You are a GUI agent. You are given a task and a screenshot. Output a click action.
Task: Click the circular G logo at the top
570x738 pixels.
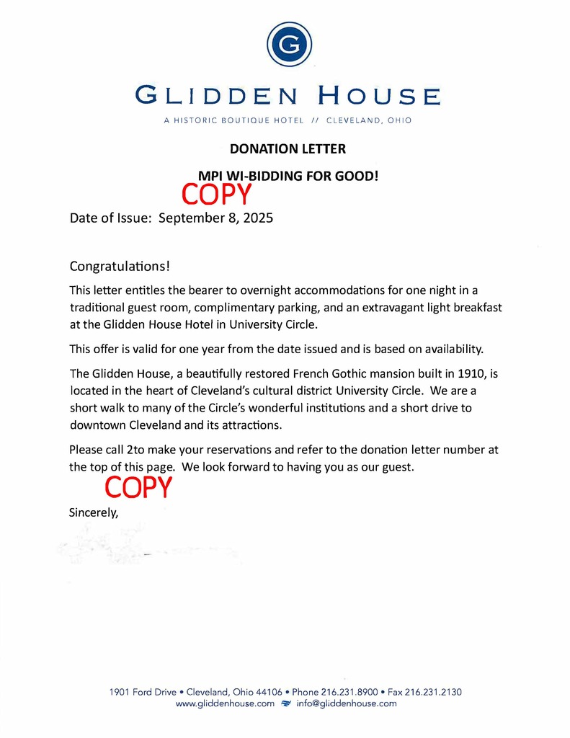pos(289,45)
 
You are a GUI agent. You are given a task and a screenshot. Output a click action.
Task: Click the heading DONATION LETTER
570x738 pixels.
pos(288,149)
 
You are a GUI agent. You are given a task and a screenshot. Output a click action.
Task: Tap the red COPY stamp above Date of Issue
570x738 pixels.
pos(216,194)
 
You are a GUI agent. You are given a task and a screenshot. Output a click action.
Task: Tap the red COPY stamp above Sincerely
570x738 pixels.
pos(138,488)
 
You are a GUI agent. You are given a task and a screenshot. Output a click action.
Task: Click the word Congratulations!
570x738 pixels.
pos(120,267)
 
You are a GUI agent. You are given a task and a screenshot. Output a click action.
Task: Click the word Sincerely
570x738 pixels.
pos(93,513)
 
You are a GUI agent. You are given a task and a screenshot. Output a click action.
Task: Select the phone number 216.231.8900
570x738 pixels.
pos(349,692)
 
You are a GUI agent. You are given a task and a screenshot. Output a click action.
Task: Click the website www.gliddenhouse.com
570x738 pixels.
pos(225,703)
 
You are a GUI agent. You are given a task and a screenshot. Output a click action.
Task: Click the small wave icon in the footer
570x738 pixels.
pos(285,703)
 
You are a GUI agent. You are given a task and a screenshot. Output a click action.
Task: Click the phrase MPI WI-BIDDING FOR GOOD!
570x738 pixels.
pos(288,174)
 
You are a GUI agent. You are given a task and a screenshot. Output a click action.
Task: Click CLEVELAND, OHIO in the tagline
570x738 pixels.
pos(369,120)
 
